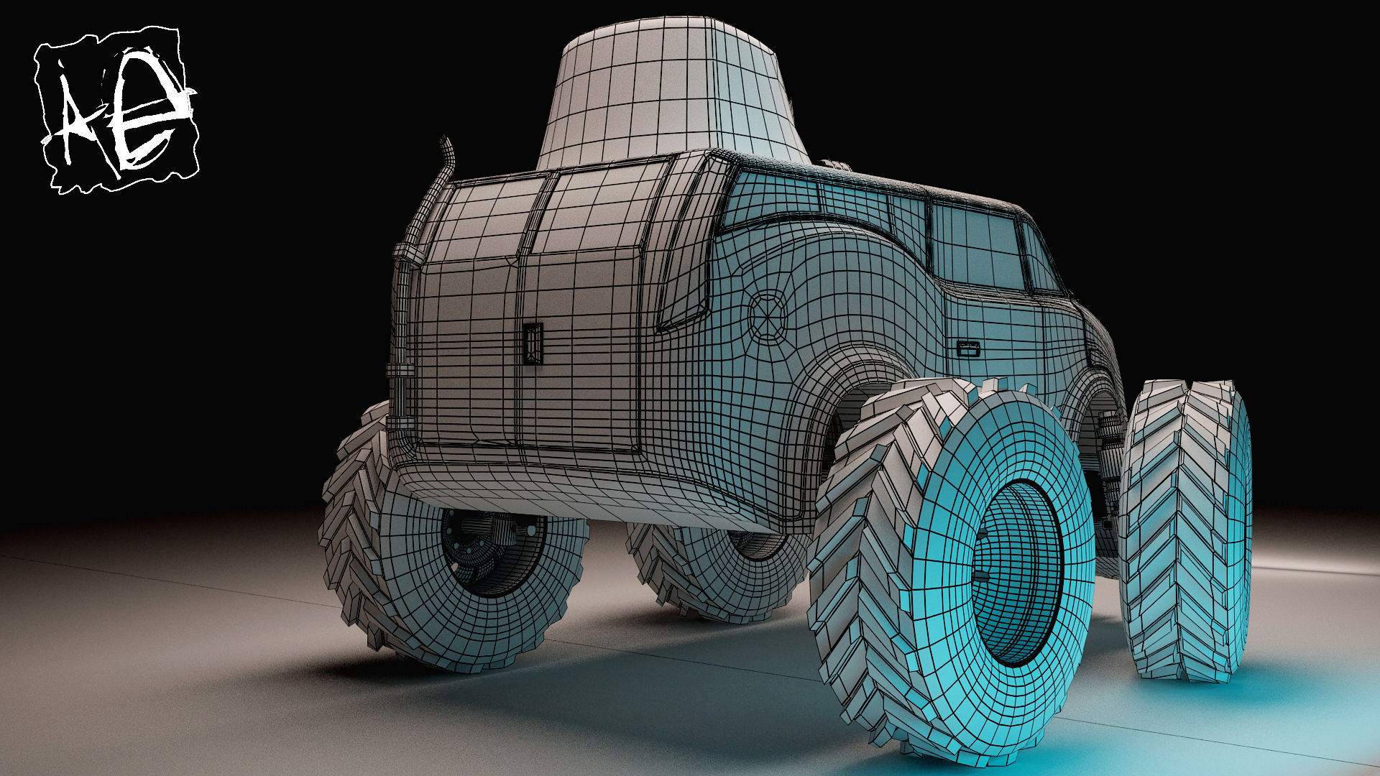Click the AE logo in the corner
[117, 109]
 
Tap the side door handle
[968, 349]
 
